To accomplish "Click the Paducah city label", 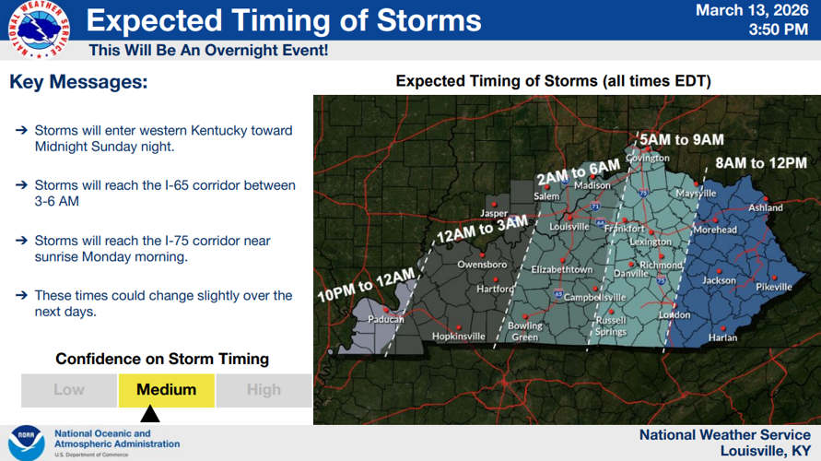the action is tap(385, 320).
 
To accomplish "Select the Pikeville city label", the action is tap(774, 288).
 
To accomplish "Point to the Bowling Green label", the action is tap(525, 332).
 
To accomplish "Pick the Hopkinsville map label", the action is tap(458, 337).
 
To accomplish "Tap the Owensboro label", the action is tap(482, 265).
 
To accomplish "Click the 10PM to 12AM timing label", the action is tap(366, 283).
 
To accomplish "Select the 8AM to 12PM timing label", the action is tap(761, 163).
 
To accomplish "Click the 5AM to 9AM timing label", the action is tap(682, 140).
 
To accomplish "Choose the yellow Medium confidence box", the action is tap(166, 390).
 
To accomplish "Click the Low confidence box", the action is tap(69, 390).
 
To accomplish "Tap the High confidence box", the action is tap(264, 390).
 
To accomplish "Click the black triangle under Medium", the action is tap(149, 414).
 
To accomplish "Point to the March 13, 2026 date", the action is tap(752, 11).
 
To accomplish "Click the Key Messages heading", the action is tap(78, 82).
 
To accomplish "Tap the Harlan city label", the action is tap(722, 337).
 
